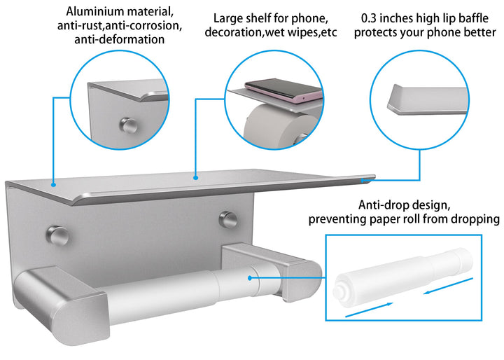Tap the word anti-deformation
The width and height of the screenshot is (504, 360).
(x=119, y=39)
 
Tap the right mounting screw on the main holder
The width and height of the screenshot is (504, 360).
(x=228, y=219)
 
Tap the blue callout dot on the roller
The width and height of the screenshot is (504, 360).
(x=250, y=278)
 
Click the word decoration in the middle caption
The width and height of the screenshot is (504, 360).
(x=235, y=32)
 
